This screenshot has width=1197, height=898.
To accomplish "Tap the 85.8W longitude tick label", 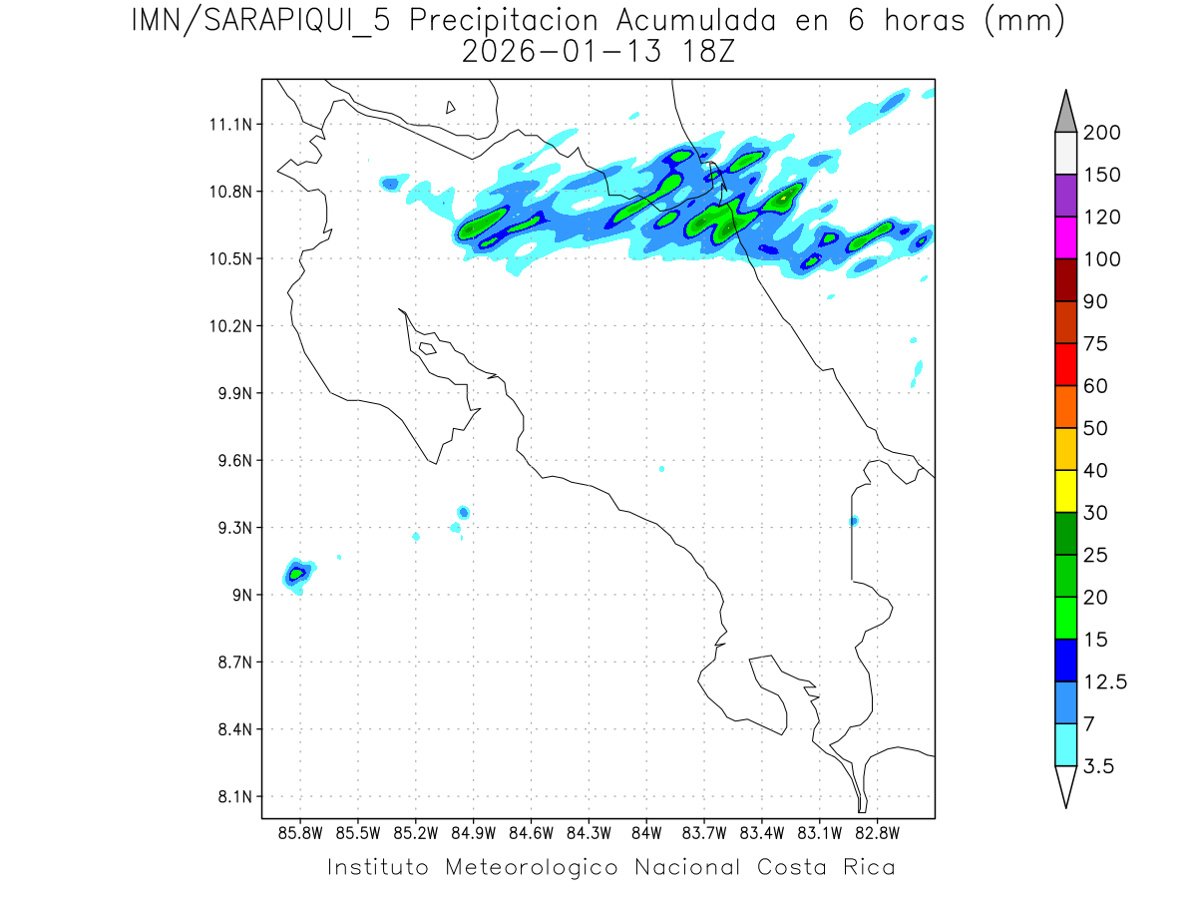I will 300,831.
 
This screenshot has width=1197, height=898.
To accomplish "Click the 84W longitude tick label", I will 646,831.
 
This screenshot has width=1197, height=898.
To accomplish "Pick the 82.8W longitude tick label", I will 877,831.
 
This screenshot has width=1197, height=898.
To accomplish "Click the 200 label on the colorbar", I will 1101,133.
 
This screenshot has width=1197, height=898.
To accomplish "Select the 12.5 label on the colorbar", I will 1105,681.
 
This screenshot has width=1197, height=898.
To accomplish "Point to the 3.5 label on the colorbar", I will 1100,765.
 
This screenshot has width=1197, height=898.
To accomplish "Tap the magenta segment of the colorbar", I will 1065,237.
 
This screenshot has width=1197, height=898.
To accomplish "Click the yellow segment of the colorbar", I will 1065,491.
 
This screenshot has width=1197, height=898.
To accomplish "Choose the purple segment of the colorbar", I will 1065,196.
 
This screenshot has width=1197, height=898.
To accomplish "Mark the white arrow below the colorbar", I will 1065,785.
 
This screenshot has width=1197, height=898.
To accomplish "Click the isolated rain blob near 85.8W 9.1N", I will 297,573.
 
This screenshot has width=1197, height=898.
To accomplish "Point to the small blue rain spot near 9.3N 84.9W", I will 463,512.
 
